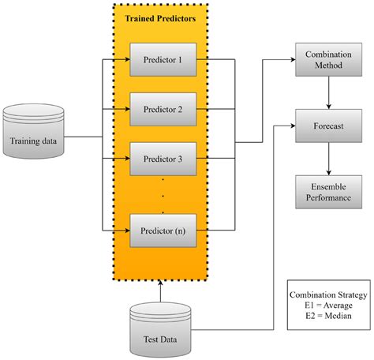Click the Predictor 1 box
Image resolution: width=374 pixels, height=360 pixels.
162,59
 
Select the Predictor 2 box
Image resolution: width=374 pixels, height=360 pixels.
162,109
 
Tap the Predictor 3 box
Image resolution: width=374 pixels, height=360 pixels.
162,158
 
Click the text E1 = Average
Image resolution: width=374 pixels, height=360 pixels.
327,306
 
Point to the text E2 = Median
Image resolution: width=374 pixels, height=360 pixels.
327,317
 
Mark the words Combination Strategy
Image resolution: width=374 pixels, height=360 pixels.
327,294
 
